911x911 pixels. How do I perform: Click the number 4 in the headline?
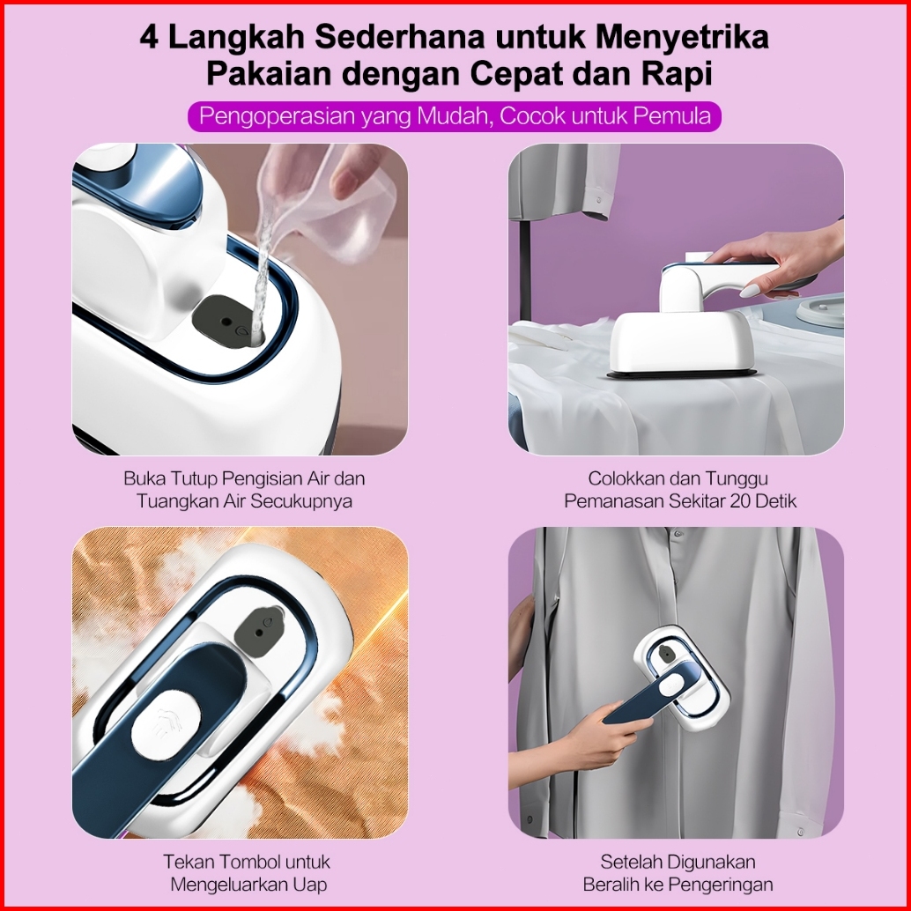pos(149,38)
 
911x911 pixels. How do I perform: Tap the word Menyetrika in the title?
pos(683,39)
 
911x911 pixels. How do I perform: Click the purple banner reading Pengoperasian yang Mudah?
pos(455,116)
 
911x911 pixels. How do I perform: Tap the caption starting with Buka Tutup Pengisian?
pos(244,490)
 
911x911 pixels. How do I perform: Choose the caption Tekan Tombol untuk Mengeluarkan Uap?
pos(248,872)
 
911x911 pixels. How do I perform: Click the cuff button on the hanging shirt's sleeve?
pos(801,832)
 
